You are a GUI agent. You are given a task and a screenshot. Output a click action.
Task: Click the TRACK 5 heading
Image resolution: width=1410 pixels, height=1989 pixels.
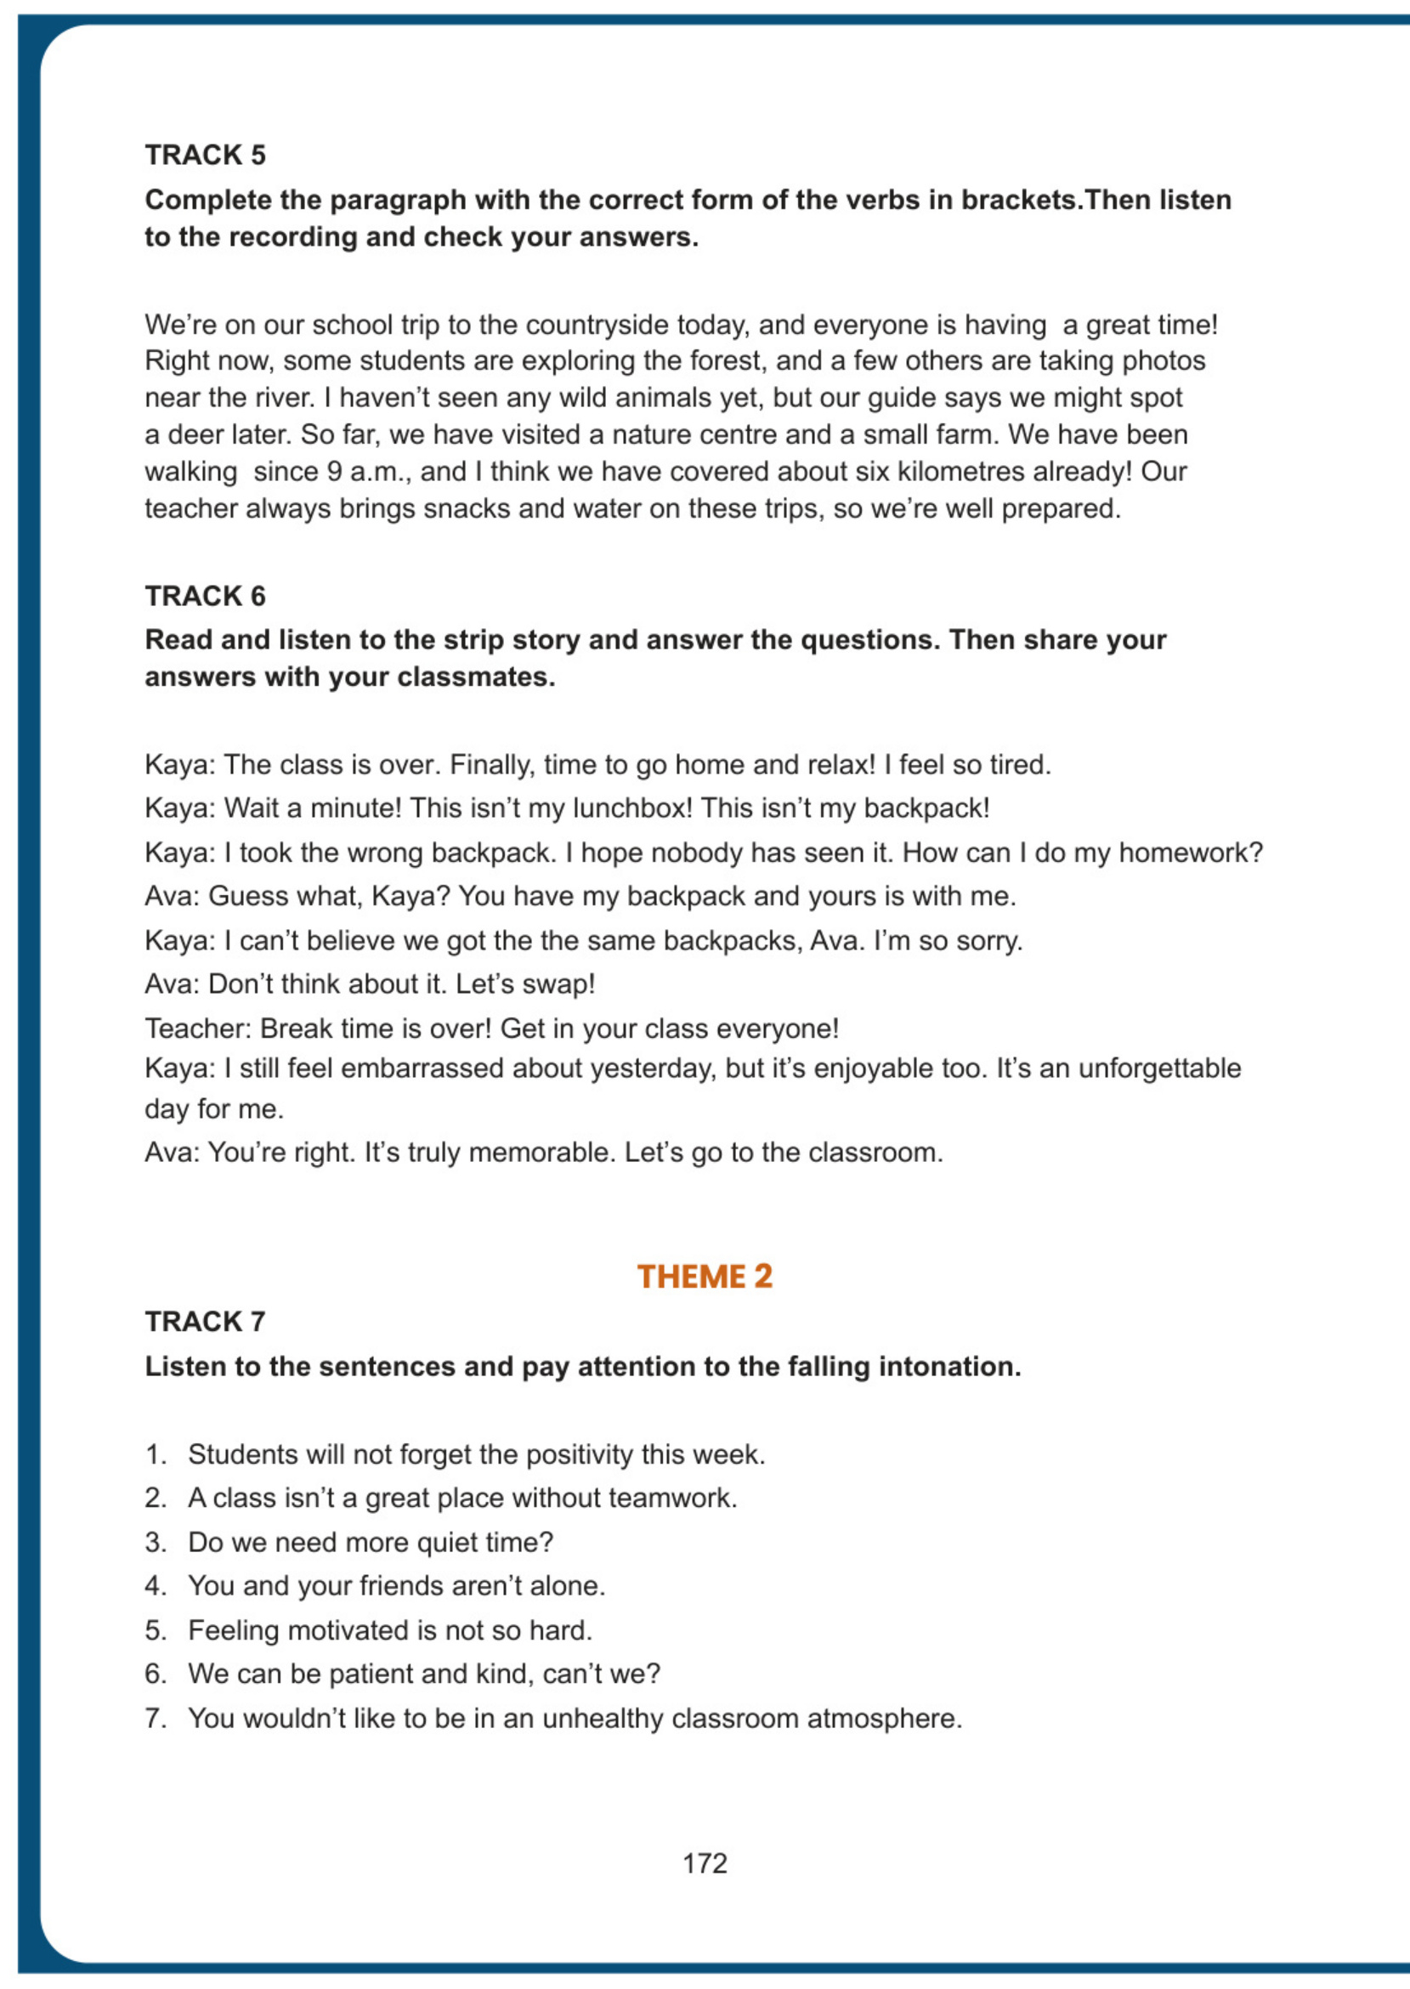coord(205,155)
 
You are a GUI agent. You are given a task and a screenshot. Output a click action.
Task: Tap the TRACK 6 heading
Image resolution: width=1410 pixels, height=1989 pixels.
coord(205,596)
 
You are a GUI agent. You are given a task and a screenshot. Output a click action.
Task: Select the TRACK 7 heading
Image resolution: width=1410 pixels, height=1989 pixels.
coord(205,1321)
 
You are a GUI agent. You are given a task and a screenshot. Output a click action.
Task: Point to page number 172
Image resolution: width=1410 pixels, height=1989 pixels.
coord(704,1863)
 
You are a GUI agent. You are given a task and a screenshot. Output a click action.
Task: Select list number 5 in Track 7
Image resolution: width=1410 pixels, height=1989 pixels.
coord(156,1629)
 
